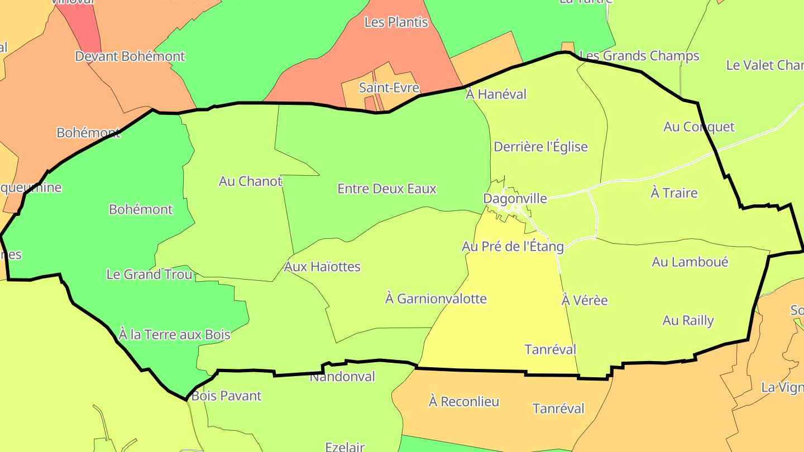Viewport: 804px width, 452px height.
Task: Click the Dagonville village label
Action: pyautogui.click(x=515, y=199)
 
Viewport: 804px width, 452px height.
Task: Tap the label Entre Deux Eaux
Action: pyautogui.click(x=387, y=189)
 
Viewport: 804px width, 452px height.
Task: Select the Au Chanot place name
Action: pyautogui.click(x=250, y=181)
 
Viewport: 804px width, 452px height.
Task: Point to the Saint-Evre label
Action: pyautogui.click(x=389, y=88)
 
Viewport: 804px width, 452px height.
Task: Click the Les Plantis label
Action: pyautogui.click(x=396, y=22)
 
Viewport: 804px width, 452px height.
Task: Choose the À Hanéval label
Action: pyautogui.click(x=496, y=94)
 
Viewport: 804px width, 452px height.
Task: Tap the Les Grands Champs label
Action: pyautogui.click(x=639, y=56)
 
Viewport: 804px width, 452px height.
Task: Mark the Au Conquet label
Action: pyautogui.click(x=699, y=127)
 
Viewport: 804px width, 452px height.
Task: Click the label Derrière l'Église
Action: pyautogui.click(x=540, y=147)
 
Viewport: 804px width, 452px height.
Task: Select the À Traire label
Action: pyautogui.click(x=674, y=193)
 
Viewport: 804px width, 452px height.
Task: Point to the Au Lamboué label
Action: pyautogui.click(x=690, y=262)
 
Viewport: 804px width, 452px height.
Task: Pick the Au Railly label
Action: pyautogui.click(x=688, y=320)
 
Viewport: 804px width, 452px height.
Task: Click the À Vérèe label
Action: pyautogui.click(x=584, y=300)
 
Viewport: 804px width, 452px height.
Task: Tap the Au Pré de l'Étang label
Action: pyautogui.click(x=513, y=246)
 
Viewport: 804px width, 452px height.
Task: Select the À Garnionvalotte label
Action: pyautogui.click(x=435, y=299)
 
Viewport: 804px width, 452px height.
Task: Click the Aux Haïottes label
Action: pyautogui.click(x=322, y=267)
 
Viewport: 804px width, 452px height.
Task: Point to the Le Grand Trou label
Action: pyautogui.click(x=149, y=274)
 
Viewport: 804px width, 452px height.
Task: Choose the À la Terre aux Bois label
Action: pyautogui.click(x=174, y=334)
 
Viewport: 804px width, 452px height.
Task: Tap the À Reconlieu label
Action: pyautogui.click(x=463, y=402)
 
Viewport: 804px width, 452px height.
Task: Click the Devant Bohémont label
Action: pyautogui.click(x=130, y=56)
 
